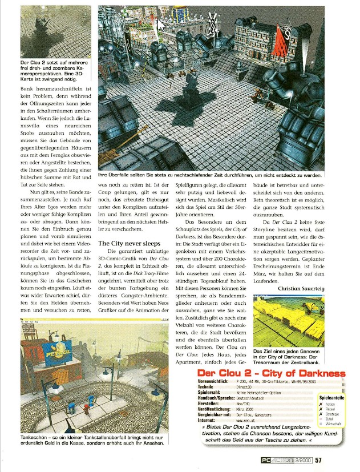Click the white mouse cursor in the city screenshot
161,25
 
